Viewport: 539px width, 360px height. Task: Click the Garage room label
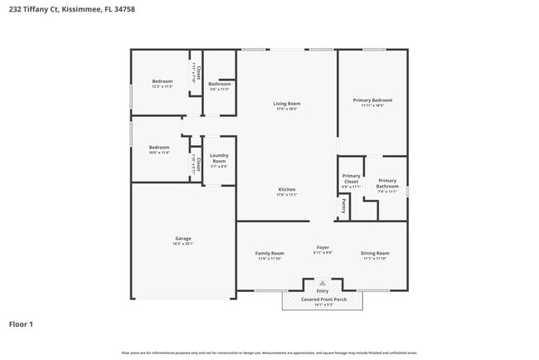point(183,239)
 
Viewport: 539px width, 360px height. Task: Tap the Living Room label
point(286,104)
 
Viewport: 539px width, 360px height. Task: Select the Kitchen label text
point(286,190)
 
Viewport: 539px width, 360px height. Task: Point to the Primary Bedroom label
point(372,100)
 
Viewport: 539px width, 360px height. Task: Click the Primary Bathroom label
point(387,183)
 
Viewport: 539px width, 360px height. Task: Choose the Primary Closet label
point(352,178)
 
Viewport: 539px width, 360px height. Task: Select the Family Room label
point(269,253)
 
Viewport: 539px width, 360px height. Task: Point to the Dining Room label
point(375,253)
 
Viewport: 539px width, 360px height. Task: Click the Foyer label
point(323,247)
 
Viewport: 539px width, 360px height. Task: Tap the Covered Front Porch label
point(323,299)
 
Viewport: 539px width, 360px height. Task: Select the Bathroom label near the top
point(220,84)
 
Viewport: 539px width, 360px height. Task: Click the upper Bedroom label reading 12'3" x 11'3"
point(162,81)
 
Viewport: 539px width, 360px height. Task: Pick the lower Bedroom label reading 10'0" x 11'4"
point(159,147)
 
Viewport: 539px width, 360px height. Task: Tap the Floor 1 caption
point(21,324)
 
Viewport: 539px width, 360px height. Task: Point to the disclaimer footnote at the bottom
point(269,353)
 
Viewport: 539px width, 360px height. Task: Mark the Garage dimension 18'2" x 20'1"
point(183,244)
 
